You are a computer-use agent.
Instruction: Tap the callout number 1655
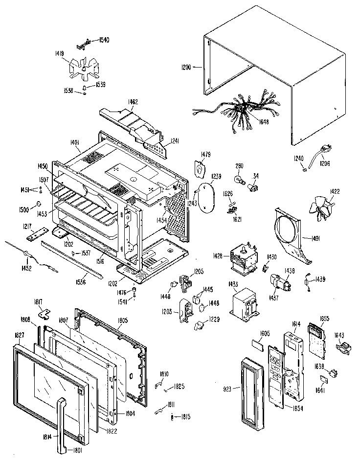325,319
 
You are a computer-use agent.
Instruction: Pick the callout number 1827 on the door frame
19,336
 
